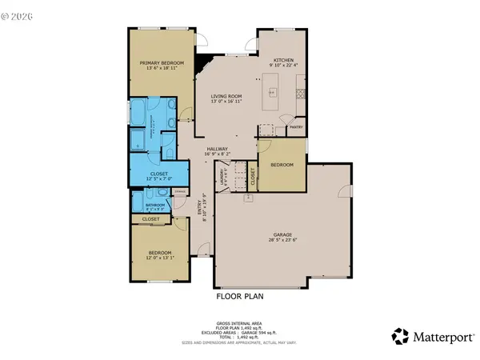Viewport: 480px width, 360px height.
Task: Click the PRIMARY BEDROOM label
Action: (162, 62)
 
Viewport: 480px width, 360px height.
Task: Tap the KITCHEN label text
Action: (284, 60)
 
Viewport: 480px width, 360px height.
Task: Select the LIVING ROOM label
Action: (226, 96)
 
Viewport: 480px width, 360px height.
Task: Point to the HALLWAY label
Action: (218, 148)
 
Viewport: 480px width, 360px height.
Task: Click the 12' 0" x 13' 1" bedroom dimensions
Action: (160, 257)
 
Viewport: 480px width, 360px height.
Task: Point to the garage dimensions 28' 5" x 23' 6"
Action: (284, 240)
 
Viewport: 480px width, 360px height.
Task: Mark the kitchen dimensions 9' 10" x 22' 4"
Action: (284, 66)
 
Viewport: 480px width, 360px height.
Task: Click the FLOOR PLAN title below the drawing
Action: (240, 295)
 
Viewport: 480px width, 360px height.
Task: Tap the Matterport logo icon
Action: (400, 336)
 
